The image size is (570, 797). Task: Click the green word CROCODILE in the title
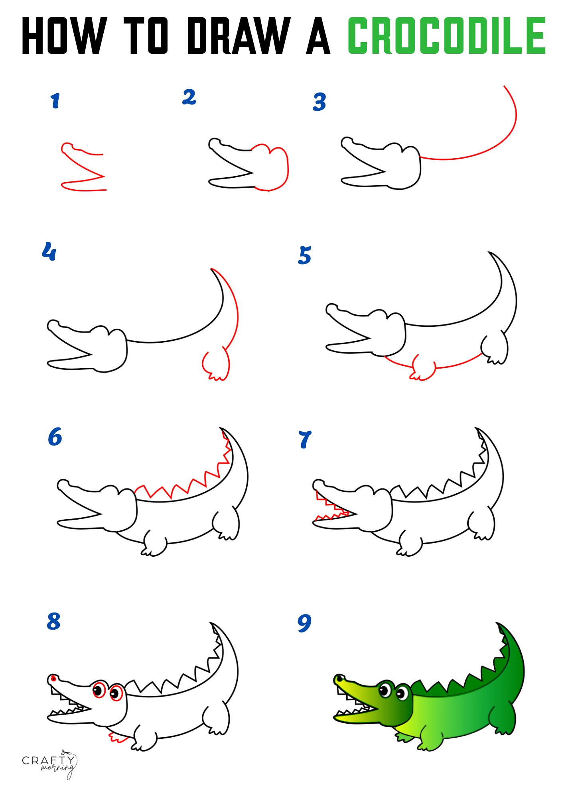pos(447,36)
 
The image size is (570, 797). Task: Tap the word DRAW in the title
pos(239,36)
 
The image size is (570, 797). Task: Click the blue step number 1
pos(55,100)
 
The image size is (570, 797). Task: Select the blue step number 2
pos(189,97)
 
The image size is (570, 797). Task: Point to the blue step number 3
pos(320,102)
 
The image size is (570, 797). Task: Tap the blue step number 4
pos(49,251)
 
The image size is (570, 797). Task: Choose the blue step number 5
pos(305,255)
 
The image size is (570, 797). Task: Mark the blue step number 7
pos(305,439)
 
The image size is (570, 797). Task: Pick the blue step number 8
pos(53,621)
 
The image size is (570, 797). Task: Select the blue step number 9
pos(304,623)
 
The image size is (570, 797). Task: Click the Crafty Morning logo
pos(49,764)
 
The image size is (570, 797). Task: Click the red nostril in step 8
pos(53,678)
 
